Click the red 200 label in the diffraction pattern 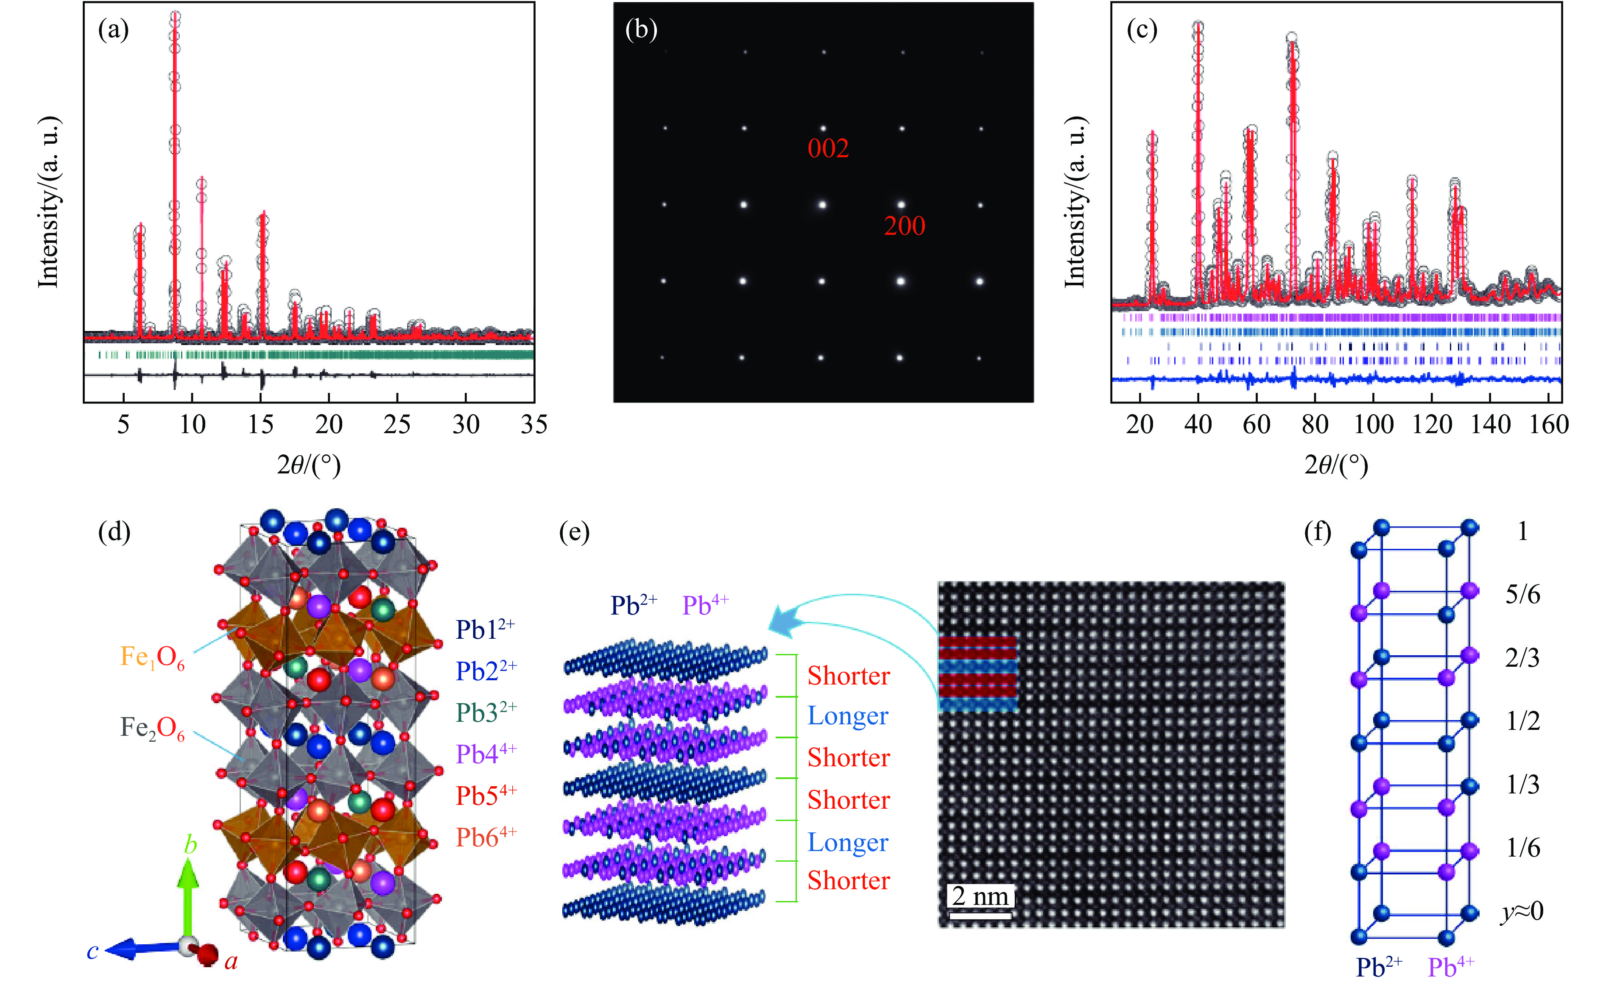(x=905, y=226)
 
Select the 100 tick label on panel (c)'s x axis (x=1373, y=425)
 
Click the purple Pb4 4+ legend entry (x=486, y=754)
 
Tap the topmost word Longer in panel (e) (x=847, y=716)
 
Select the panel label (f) (x=1318, y=532)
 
